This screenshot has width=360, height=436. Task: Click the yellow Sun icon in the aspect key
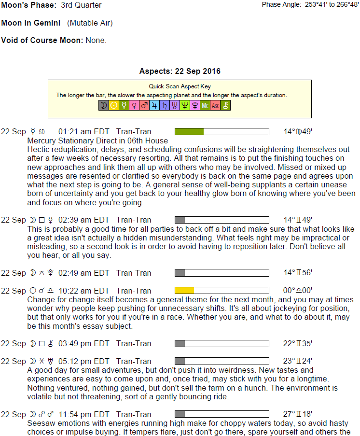coord(114,105)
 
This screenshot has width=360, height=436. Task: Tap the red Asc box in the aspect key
coord(215,105)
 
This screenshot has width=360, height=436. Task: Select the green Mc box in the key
coord(205,105)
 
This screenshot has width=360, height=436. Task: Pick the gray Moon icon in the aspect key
coord(104,105)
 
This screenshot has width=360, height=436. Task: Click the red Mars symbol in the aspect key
coord(144,105)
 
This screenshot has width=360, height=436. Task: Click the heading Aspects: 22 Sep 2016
coord(180,71)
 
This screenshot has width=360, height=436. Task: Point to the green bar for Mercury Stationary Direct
coord(189,131)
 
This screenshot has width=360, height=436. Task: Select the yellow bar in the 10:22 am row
coord(184,291)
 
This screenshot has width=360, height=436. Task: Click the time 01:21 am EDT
coord(83,132)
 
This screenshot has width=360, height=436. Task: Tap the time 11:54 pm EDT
coord(84,414)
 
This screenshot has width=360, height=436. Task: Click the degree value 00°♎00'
coord(298,291)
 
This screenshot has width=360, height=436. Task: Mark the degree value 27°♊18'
coord(298,414)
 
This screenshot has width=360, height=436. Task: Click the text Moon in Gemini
coord(31,23)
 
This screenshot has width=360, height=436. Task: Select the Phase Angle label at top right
coord(282,5)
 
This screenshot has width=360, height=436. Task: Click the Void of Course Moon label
coord(42,40)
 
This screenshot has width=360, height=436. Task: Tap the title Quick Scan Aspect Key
coord(180,87)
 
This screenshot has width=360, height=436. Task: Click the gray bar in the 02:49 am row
coord(180,273)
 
